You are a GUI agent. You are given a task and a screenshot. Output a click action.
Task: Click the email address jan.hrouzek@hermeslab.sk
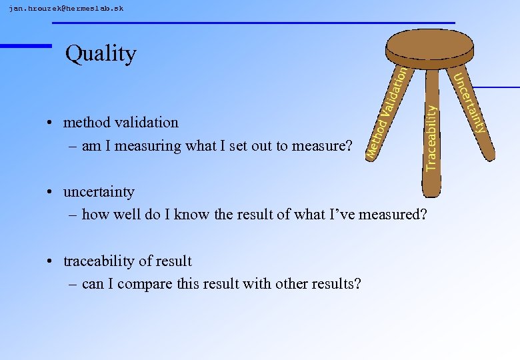66,9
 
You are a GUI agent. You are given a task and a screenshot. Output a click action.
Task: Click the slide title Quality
101,53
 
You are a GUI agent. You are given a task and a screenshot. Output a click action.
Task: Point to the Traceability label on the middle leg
432,137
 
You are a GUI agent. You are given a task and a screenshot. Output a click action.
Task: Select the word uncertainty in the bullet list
99,192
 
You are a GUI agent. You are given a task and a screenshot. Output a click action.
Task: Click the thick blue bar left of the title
25,45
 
